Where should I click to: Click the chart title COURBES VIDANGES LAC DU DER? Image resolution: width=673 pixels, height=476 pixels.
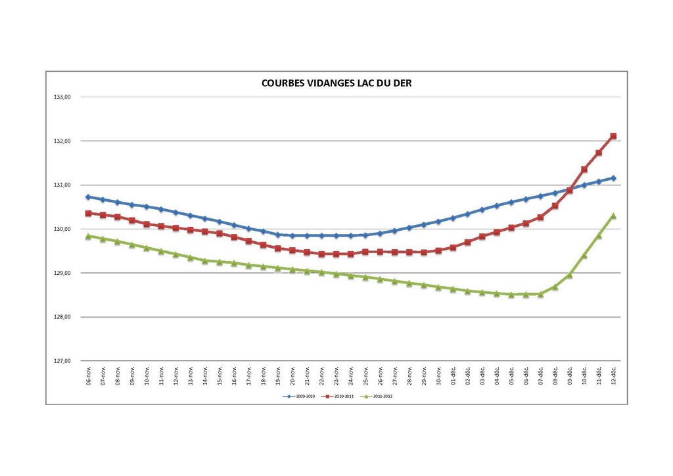336,83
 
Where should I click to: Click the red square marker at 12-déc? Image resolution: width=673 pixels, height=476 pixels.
613,136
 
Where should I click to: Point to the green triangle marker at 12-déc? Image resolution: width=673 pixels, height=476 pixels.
613,216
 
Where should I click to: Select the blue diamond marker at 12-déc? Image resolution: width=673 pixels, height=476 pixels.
613,178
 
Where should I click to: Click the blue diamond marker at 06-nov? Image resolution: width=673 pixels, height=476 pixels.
88,197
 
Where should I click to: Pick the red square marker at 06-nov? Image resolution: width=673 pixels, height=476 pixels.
88,213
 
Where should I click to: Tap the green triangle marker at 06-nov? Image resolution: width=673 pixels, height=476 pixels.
88,235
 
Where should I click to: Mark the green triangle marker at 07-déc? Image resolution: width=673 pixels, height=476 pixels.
540,294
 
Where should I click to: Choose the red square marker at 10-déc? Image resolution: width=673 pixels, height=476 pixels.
584,169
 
